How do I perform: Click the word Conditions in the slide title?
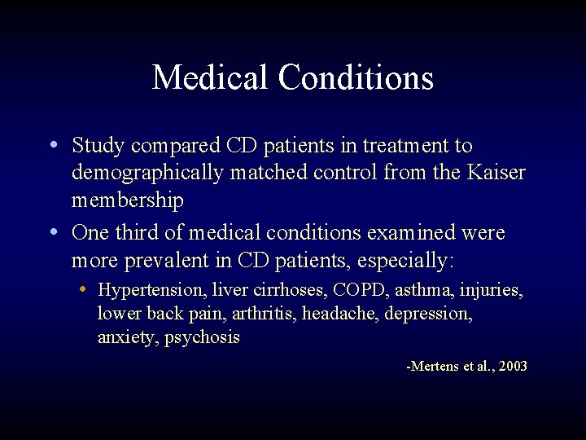click(x=355, y=78)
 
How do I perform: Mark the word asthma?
click(x=413, y=290)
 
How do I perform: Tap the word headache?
click(x=340, y=314)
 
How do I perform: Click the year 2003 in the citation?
click(x=512, y=367)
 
